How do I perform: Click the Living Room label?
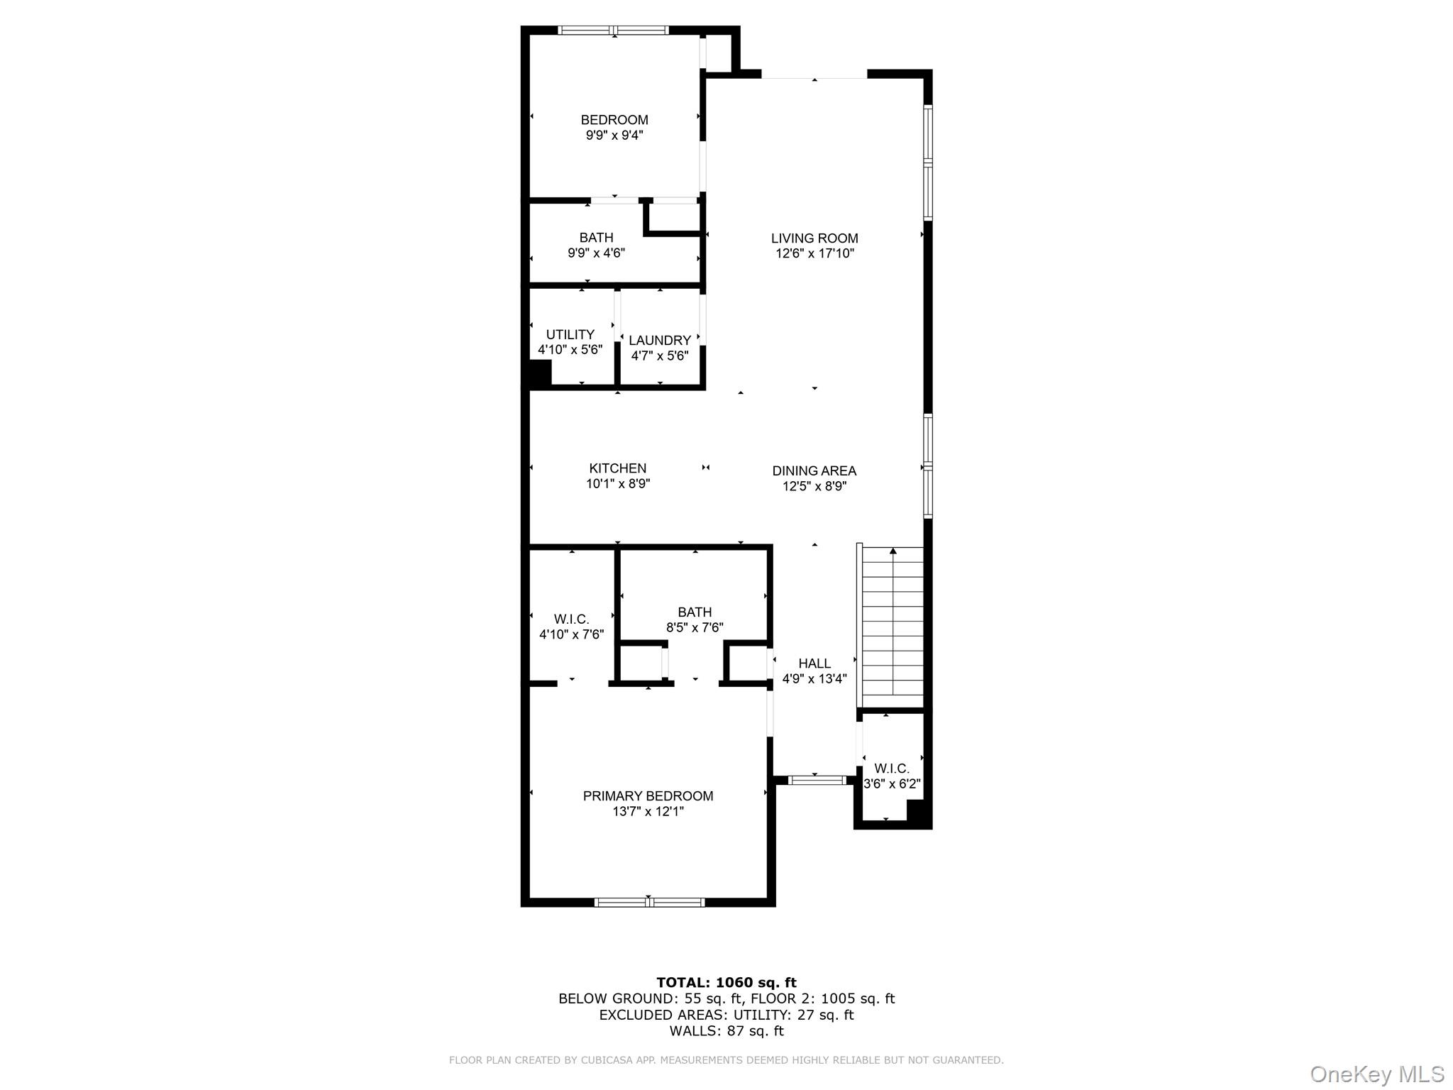(814, 238)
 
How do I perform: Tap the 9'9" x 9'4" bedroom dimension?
(614, 136)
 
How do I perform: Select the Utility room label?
(570, 334)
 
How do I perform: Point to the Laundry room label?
(659, 340)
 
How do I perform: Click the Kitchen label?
(617, 468)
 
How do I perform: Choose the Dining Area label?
(814, 470)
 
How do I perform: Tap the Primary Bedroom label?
(648, 796)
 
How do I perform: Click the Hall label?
(814, 664)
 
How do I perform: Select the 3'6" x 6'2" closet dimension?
(892, 784)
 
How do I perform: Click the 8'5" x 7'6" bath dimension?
(694, 627)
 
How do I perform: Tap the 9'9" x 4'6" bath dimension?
(596, 253)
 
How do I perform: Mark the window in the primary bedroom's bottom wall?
(648, 903)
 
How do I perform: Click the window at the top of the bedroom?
(614, 31)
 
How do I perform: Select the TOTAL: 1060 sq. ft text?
(726, 983)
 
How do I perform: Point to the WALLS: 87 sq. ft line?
(726, 1031)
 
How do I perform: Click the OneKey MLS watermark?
(1376, 1074)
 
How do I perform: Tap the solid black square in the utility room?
(539, 373)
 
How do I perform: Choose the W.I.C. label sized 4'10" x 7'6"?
(571, 619)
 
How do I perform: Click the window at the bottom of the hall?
(817, 780)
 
